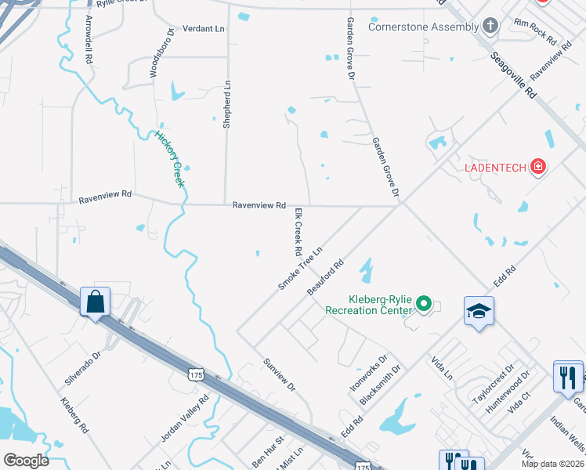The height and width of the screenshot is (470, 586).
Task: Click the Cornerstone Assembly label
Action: coord(423,27)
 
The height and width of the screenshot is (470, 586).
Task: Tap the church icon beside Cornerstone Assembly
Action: coord(490,27)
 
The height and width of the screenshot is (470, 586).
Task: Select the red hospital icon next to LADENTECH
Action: coord(538,166)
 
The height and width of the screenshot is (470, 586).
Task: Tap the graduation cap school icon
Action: coord(479,312)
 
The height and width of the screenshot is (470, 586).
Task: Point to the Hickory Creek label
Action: coord(169,159)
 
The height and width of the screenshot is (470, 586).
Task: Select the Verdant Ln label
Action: coord(203,29)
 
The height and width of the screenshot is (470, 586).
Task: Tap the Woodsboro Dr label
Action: coord(154,57)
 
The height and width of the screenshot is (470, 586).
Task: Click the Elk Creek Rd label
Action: coord(298,233)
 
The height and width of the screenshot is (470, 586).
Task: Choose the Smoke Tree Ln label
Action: coord(301,269)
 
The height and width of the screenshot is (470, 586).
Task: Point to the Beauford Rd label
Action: coord(326,278)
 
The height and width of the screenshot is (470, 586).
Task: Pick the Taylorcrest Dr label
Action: coord(494,382)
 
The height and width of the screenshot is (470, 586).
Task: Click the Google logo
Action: coord(27,461)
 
